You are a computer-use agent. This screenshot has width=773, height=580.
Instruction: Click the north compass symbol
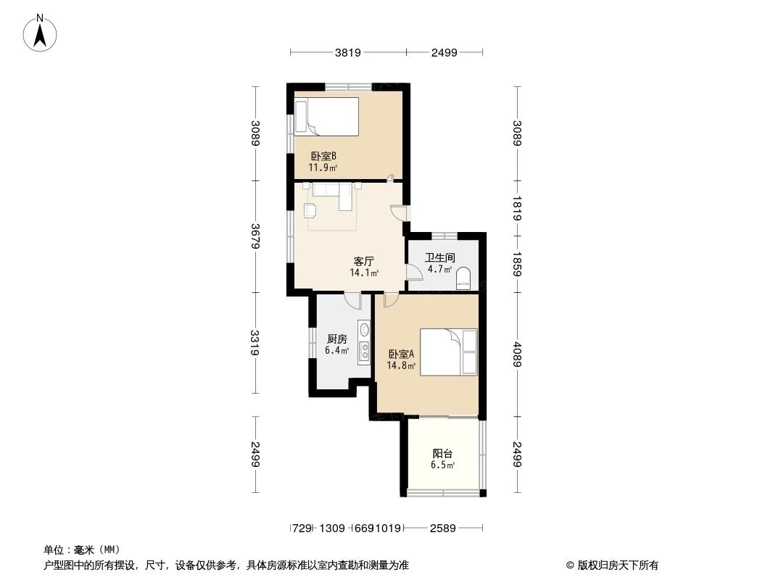coord(41,33)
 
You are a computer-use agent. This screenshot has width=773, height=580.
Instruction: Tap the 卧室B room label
coord(323,156)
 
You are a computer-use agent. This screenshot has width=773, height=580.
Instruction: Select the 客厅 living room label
coord(364,261)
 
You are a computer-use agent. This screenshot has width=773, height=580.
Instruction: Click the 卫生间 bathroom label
coord(439,257)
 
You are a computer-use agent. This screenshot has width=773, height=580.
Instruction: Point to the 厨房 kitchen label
coord(337,339)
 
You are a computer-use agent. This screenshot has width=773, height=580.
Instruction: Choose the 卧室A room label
coord(401,355)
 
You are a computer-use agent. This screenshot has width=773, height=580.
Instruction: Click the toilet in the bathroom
coord(463,278)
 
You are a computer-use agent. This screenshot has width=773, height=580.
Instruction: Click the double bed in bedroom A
coord(449,352)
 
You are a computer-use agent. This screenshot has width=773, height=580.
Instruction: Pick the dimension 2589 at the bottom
coord(442,529)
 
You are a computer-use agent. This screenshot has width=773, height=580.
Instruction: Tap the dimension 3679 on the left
coord(255,236)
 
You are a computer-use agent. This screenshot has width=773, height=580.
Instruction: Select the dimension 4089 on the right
coord(517,355)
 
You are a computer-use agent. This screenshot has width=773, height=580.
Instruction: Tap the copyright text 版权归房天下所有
coord(612,565)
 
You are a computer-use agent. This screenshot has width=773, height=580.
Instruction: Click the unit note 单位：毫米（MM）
coord(81,550)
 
